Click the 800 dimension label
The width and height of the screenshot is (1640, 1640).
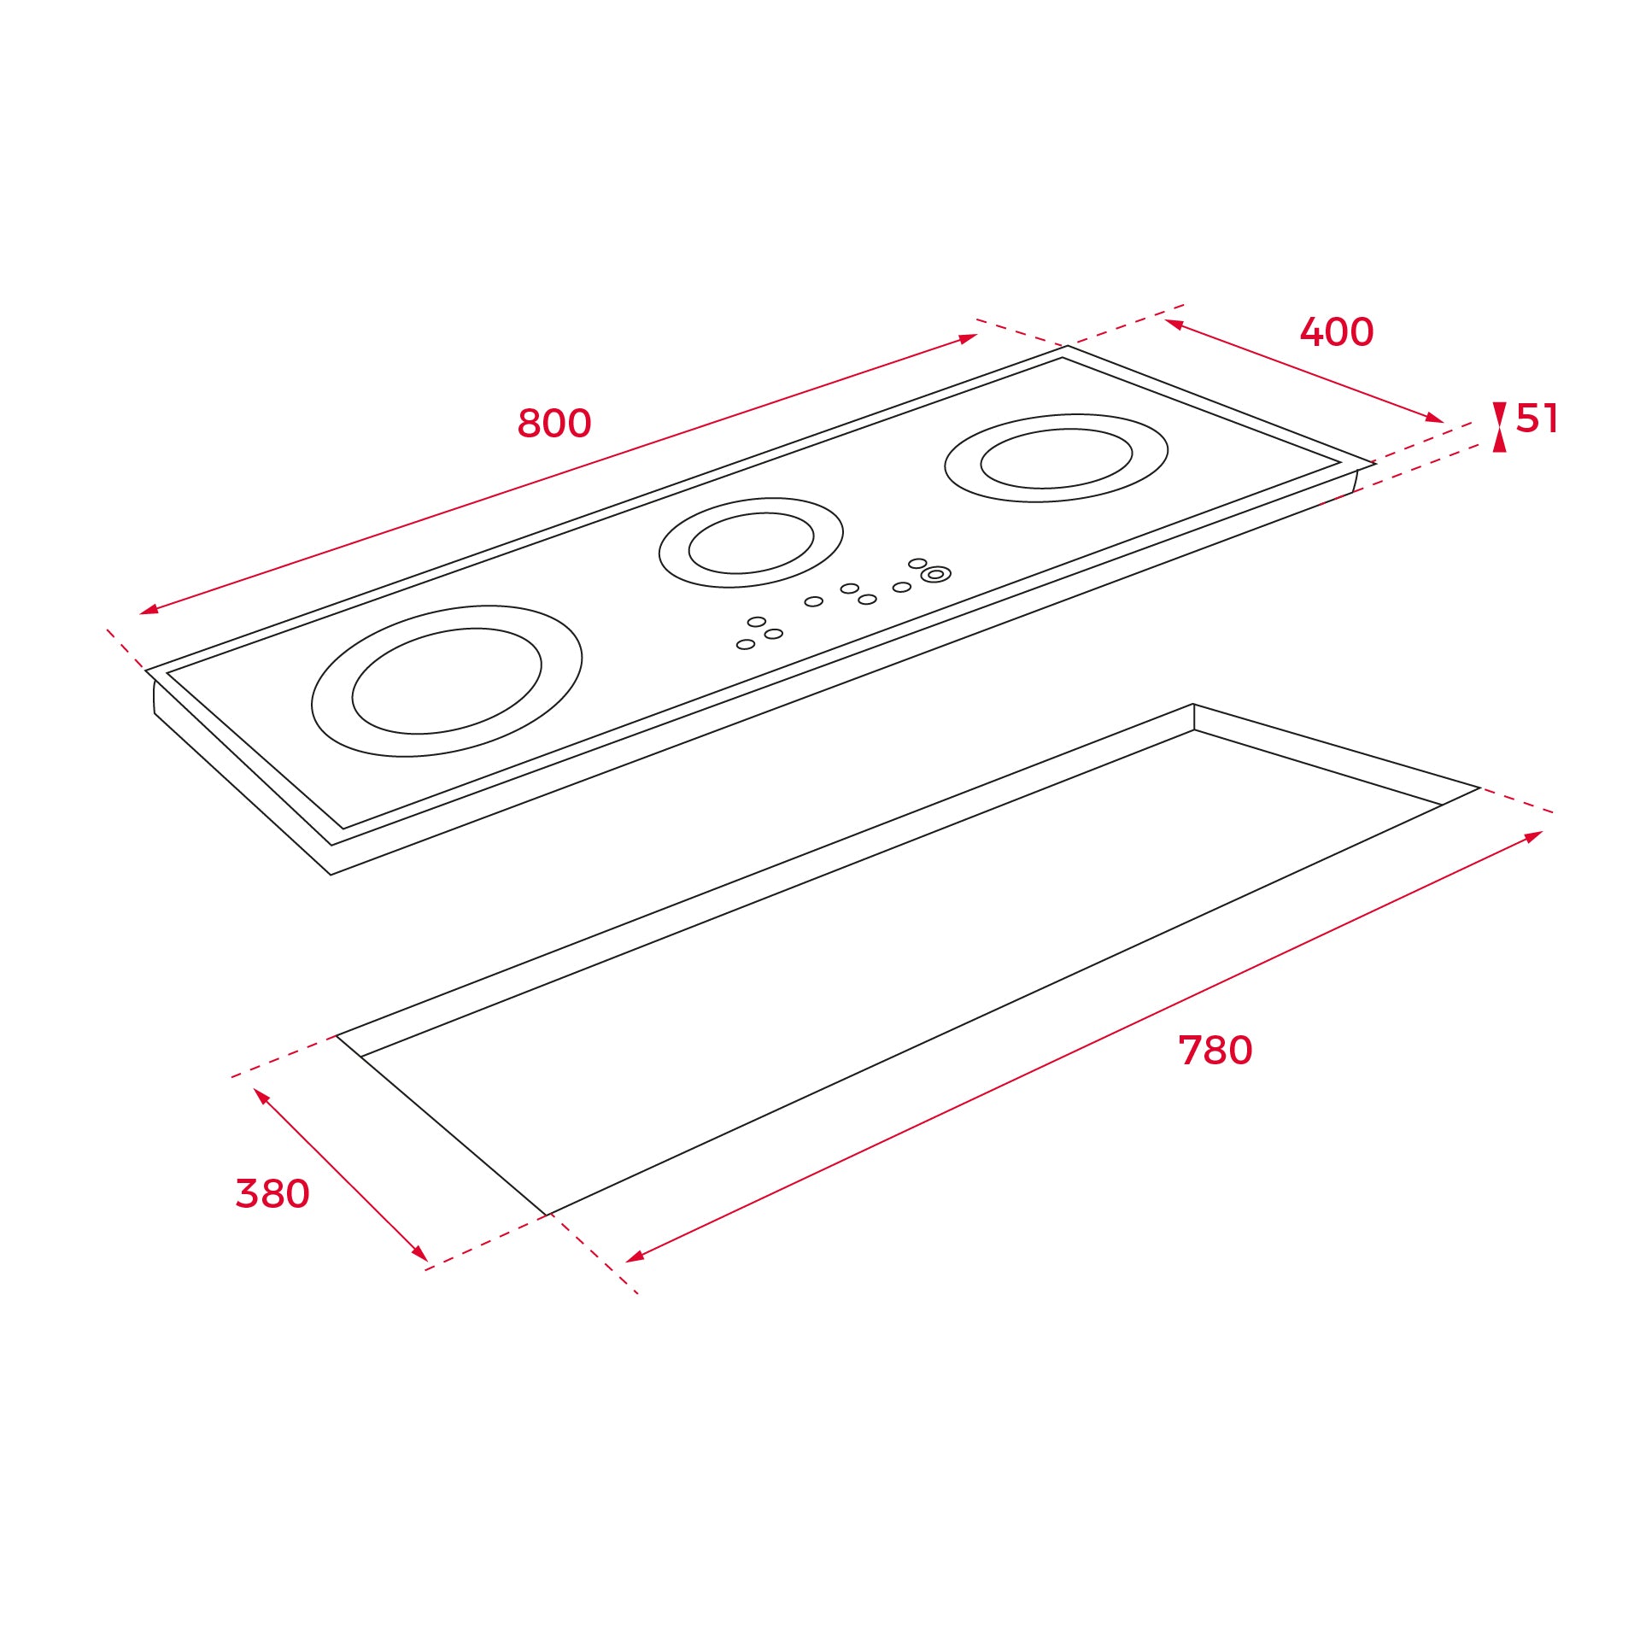tap(554, 424)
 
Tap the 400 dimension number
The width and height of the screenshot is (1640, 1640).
tap(1337, 332)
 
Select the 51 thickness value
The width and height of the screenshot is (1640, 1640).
tap(1537, 419)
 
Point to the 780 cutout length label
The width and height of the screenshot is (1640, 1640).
tap(1215, 1051)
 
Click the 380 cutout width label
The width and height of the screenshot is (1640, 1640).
tap(272, 1194)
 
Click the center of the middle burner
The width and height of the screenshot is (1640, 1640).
tap(751, 543)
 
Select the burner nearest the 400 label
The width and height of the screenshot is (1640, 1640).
tap(1056, 458)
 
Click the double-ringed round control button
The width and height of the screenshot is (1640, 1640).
tap(935, 575)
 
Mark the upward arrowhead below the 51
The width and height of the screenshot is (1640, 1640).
tap(1499, 442)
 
